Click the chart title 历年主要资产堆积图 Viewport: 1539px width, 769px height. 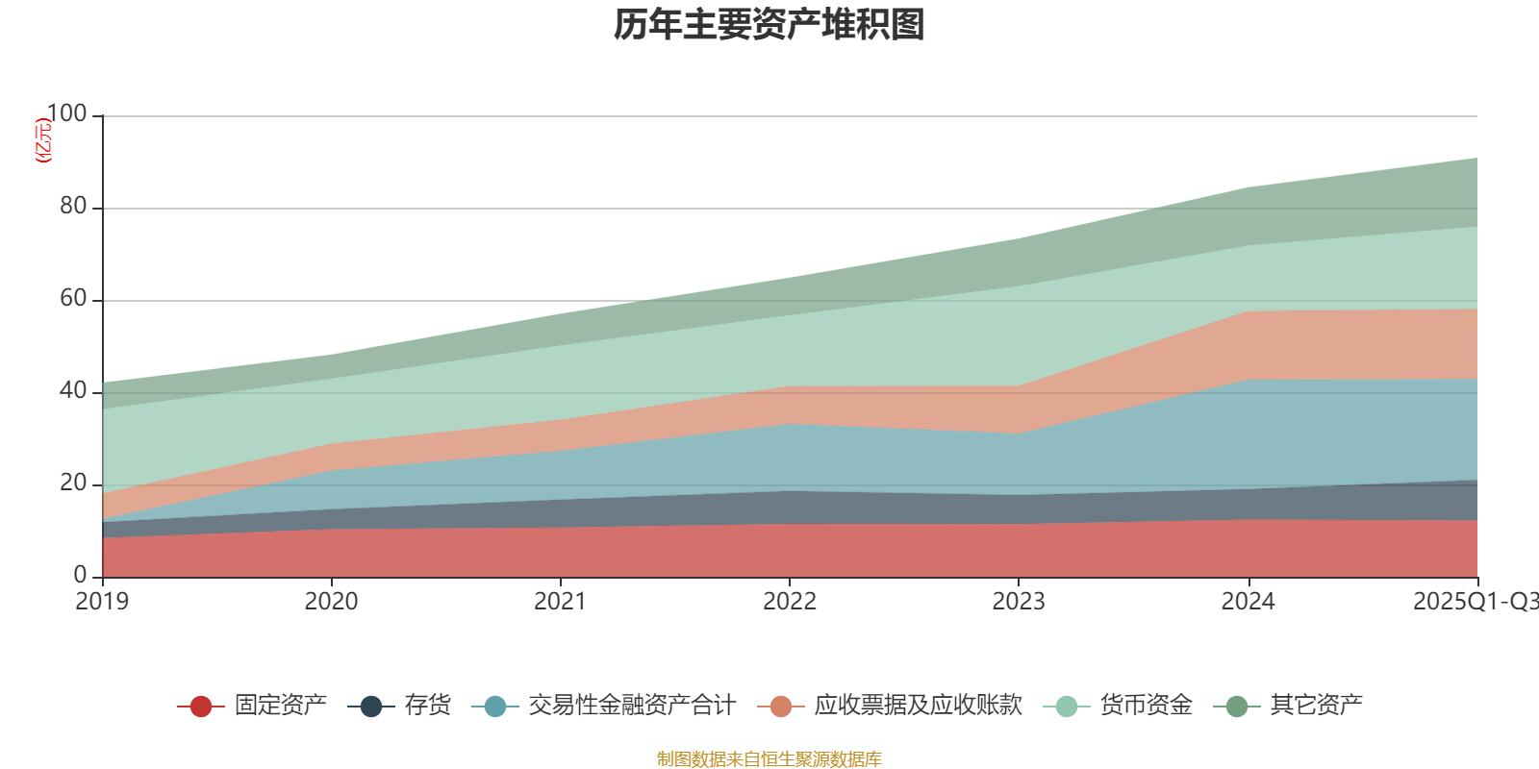coord(769,26)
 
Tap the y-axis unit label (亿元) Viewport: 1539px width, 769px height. coord(42,140)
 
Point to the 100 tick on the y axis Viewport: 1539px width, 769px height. coord(66,114)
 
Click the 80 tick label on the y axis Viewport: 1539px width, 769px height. coord(73,207)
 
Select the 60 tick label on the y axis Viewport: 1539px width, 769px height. coord(73,299)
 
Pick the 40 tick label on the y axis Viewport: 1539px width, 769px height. coord(73,391)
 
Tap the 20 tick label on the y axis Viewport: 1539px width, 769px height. coord(73,484)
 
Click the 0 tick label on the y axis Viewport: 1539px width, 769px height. coord(80,575)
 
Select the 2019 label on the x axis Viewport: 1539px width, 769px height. coord(102,602)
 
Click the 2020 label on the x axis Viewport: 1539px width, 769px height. coord(331,602)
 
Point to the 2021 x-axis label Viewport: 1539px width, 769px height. coord(560,602)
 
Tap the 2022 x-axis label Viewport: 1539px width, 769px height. coord(789,602)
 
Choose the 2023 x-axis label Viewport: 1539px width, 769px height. coord(1019,602)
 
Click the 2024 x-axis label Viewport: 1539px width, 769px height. coord(1248,602)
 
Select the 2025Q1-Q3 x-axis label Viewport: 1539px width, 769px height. coord(1475,602)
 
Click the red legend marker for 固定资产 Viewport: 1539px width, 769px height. coord(201,707)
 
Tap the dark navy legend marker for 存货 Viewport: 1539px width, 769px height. coord(371,707)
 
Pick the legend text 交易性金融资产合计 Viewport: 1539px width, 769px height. coord(631,706)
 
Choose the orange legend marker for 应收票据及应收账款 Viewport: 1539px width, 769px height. coord(781,707)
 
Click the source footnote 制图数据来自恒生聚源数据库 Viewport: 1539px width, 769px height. coord(769,759)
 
